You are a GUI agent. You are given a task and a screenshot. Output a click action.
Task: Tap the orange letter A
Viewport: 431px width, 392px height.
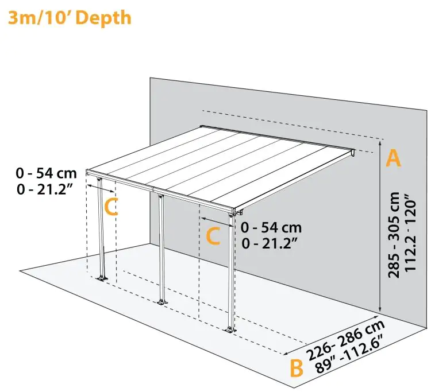392,158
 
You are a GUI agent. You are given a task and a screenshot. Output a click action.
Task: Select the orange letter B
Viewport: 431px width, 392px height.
296,368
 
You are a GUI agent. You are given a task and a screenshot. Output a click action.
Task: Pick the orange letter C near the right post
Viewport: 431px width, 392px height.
213,236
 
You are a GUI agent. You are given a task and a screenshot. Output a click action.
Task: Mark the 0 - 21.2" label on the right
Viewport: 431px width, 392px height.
270,243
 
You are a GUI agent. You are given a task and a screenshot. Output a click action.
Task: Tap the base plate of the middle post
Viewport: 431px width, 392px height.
162,302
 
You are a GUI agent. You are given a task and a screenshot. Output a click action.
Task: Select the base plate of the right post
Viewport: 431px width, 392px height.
231,329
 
